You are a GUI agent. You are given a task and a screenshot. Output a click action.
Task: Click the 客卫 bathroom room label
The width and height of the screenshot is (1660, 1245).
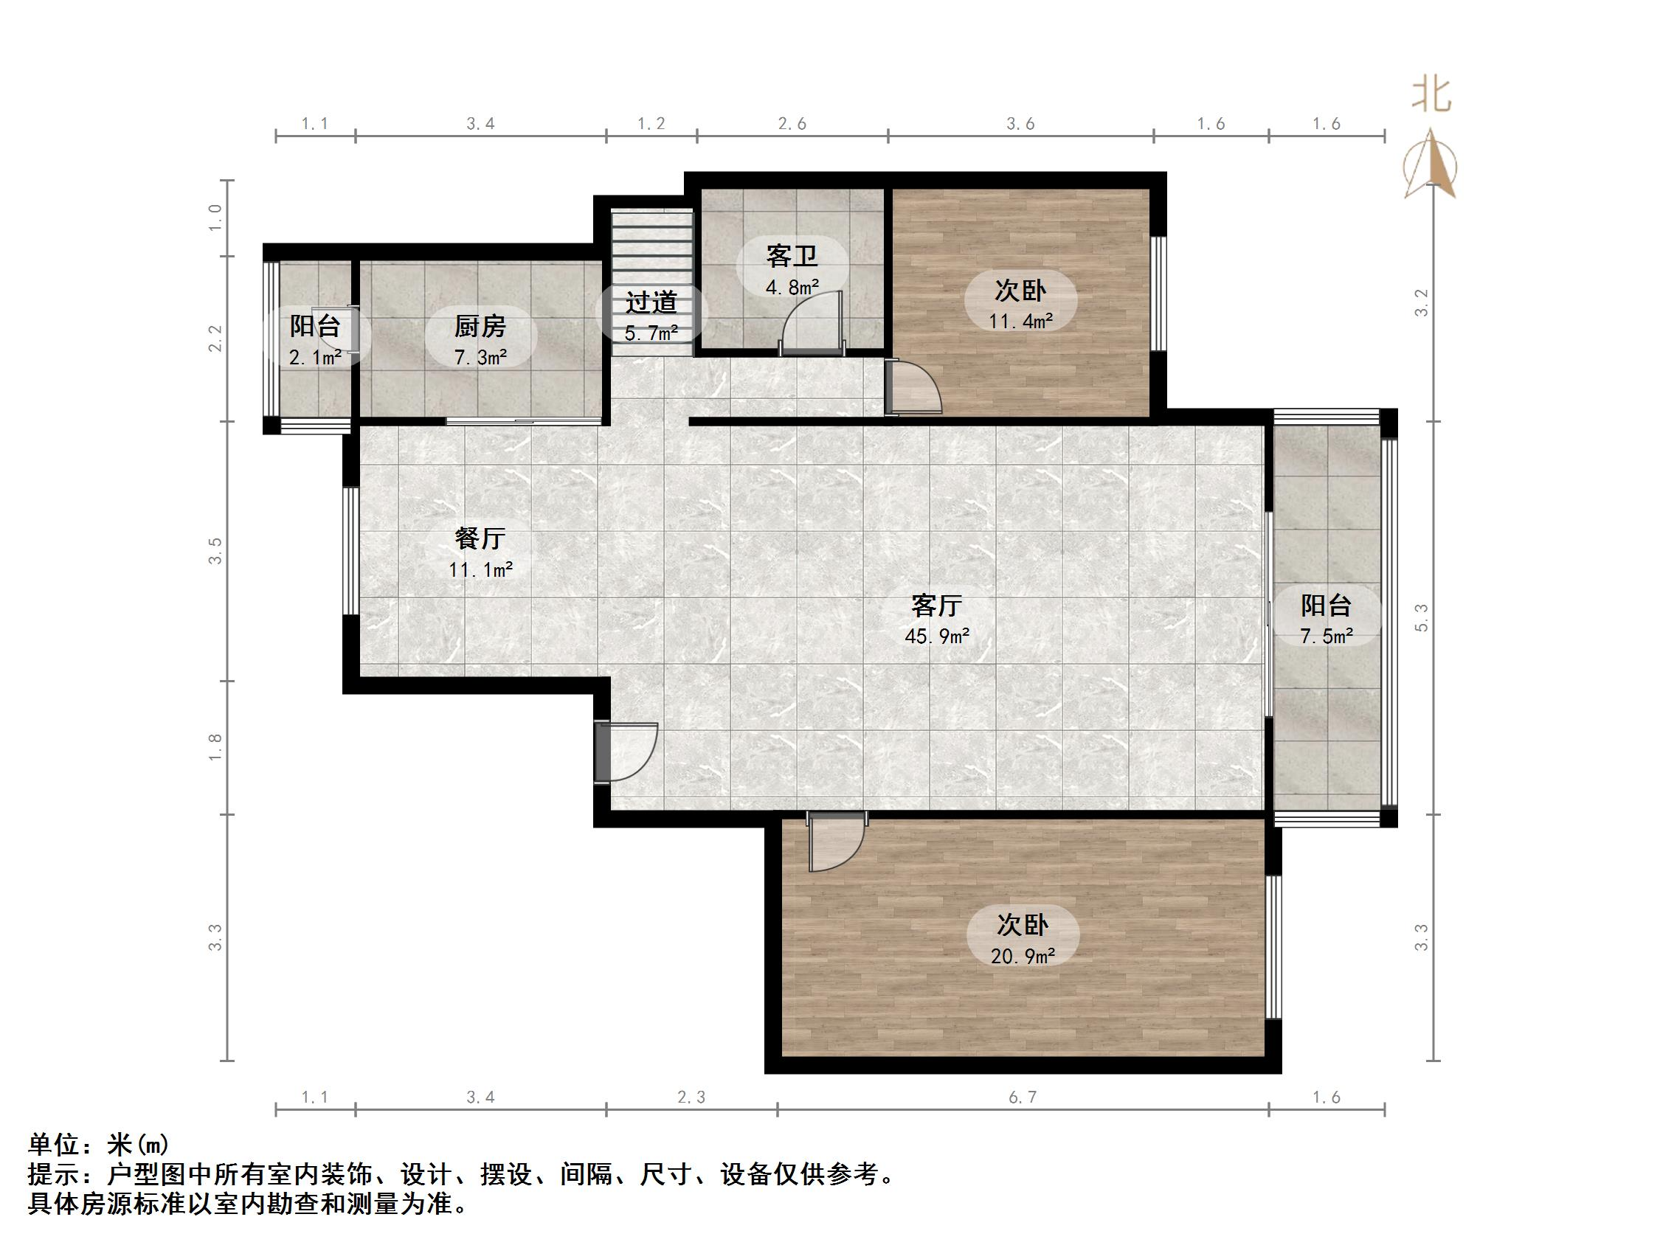[x=792, y=257]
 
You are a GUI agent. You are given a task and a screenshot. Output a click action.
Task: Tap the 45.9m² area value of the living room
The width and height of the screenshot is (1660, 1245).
[x=936, y=637]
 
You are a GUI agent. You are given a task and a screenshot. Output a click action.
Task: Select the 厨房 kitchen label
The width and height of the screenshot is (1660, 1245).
[x=480, y=327]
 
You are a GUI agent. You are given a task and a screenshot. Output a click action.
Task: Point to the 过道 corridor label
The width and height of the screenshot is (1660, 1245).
[x=651, y=302]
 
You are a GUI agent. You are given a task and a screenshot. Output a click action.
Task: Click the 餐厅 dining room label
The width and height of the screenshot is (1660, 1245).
[x=480, y=538]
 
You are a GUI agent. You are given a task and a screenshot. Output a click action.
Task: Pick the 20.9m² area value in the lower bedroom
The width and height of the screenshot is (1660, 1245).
[x=1022, y=956]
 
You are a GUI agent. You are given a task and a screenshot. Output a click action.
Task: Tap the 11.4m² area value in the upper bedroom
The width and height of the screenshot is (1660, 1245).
[x=1020, y=321]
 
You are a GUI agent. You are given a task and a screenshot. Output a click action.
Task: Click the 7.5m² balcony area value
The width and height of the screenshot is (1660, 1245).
[x=1326, y=637]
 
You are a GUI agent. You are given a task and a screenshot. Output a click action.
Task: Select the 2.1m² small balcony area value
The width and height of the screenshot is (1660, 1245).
[x=315, y=358]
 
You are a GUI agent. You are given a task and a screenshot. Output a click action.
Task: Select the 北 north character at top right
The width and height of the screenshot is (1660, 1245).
[x=1431, y=97]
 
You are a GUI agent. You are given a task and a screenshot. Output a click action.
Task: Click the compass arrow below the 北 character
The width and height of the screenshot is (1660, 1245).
[x=1431, y=165]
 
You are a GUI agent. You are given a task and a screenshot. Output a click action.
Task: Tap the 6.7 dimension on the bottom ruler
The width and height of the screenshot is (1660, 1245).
[x=1022, y=1098]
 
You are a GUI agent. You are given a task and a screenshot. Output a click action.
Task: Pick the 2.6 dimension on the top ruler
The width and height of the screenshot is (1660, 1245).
[x=792, y=124]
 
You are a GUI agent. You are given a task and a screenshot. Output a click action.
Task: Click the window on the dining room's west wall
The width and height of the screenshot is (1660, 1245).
[x=350, y=552]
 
